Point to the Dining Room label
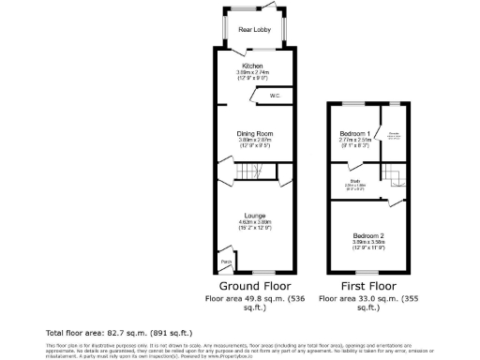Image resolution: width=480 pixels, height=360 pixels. tap(254, 133)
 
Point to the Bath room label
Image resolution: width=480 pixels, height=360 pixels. tap(355, 181)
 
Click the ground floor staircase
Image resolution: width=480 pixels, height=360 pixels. tap(251, 171)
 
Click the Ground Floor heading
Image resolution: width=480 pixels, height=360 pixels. tap(254, 286)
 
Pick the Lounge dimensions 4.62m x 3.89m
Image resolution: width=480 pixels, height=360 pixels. tap(254, 224)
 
